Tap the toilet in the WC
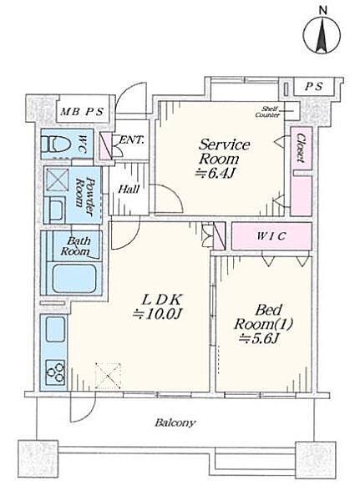click(x=57, y=144)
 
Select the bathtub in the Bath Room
click(x=74, y=278)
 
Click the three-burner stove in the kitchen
click(x=56, y=372)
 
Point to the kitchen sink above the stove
click(x=55, y=330)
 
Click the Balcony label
click(x=175, y=423)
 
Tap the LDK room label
click(x=162, y=300)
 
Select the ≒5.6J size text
click(x=259, y=339)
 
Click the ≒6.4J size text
click(x=215, y=174)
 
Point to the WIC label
click(x=271, y=236)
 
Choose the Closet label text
click(x=301, y=147)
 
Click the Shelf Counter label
click(x=267, y=112)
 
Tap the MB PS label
click(x=82, y=112)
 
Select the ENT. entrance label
click(x=132, y=139)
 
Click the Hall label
click(x=129, y=190)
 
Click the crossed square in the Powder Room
click(x=57, y=180)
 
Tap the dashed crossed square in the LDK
click(x=109, y=376)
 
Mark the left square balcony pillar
click(x=38, y=458)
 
